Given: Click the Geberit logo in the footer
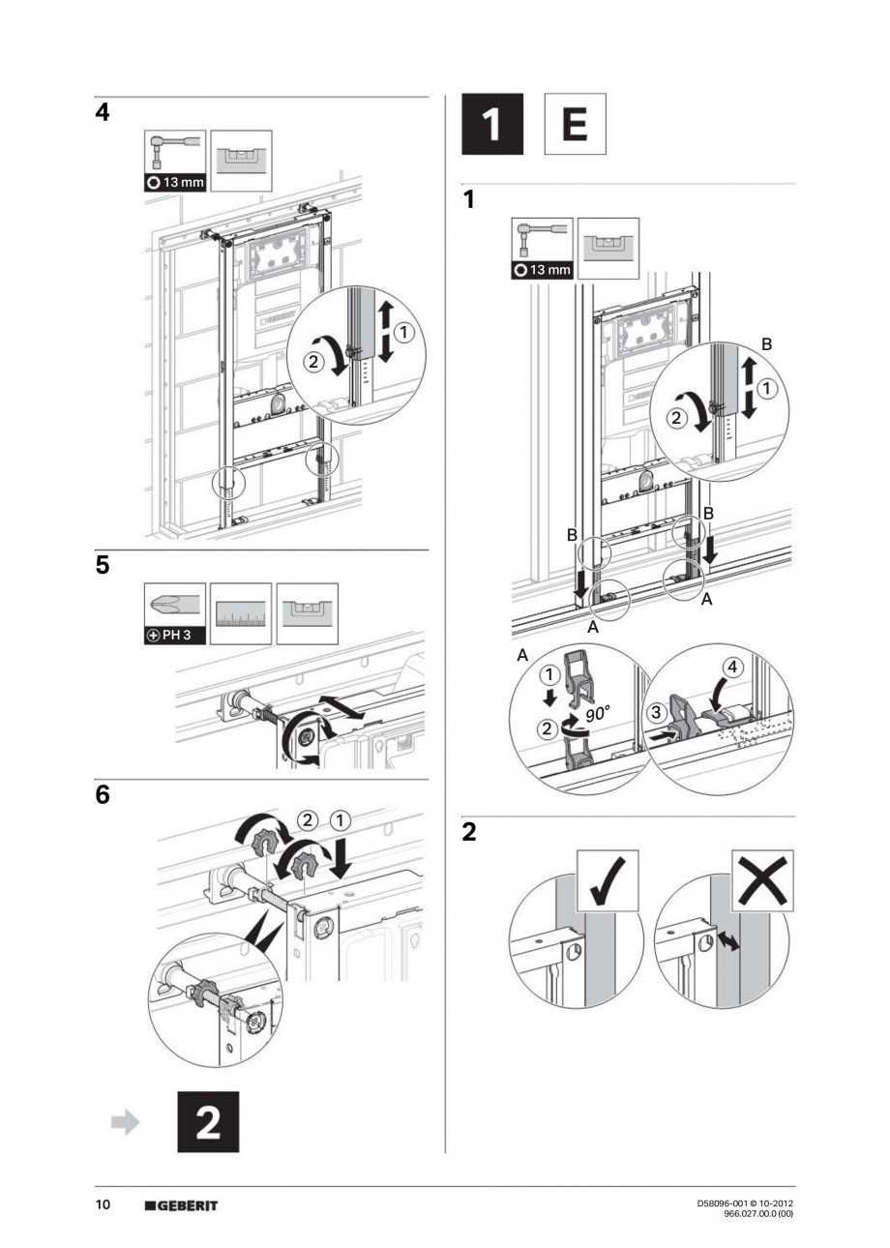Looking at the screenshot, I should [181, 1205].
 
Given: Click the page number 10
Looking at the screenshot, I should [103, 1205].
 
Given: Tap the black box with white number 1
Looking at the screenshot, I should [491, 124].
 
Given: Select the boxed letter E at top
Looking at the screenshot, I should [575, 124].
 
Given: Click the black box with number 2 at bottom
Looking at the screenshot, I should [207, 1122].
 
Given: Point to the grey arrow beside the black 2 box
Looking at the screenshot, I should [126, 1122].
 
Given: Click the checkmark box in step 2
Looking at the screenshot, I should [608, 880].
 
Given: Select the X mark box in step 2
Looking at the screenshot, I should [762, 880].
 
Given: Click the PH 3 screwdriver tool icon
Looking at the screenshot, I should [174, 613].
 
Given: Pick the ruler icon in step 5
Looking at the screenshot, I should [240, 613].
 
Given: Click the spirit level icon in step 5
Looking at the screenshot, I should [307, 613].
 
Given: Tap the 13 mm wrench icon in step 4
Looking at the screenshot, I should [174, 161].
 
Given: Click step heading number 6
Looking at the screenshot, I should [103, 797].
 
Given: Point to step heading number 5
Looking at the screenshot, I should [103, 566].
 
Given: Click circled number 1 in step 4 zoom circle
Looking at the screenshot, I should [404, 332].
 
